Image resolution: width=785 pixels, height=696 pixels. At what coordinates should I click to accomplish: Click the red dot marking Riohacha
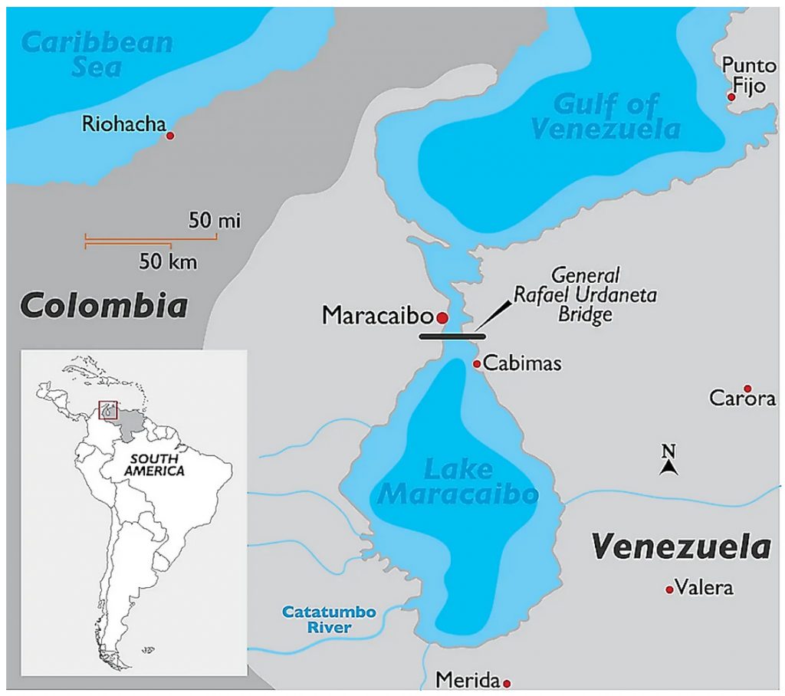coord(170,136)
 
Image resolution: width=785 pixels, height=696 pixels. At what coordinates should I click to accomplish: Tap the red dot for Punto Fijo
coord(731,97)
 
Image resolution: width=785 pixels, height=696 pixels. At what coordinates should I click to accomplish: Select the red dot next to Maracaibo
coord(442,317)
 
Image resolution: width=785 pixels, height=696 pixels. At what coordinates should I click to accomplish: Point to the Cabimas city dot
coord(477,364)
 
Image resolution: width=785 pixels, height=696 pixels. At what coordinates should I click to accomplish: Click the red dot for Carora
coord(747,389)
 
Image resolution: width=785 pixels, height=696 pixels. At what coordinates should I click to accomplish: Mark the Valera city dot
coord(669,589)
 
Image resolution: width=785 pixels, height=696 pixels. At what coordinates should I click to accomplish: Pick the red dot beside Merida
coord(506,682)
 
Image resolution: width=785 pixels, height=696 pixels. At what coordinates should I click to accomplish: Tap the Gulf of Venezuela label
coord(606,117)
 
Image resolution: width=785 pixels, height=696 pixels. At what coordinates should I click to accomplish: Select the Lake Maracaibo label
coord(457,482)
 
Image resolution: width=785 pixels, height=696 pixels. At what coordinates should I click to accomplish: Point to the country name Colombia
coord(103,306)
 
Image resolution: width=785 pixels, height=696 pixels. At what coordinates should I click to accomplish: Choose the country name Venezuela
coord(681,547)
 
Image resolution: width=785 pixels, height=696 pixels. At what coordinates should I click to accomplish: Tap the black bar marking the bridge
coord(452,336)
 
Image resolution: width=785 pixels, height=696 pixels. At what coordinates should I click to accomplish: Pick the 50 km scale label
coord(168,262)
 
